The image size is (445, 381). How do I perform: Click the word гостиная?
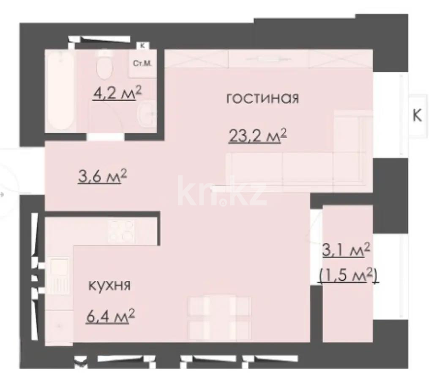click(x=262, y=99)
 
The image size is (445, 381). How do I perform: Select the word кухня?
click(x=109, y=285)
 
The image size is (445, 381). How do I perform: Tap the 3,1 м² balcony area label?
click(x=347, y=251)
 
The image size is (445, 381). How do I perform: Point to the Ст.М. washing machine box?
click(x=142, y=64)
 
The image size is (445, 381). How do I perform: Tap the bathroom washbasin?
click(x=147, y=114)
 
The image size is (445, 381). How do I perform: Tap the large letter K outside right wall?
click(x=417, y=116)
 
